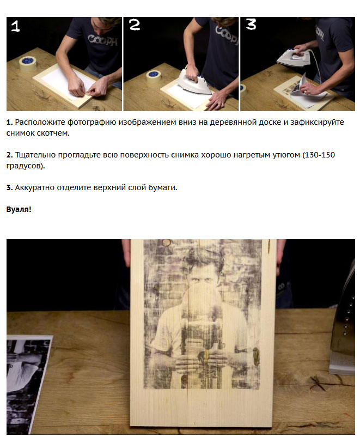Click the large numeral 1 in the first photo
pos(16,26)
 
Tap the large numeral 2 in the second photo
pos(135,25)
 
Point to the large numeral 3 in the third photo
pos(251,24)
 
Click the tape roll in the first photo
pos(28,63)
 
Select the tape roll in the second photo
pos(154,76)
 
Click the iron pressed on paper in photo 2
pos(193,81)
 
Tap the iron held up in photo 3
pos(294,58)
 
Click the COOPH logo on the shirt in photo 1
pos(102,40)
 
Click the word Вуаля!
pos(19,209)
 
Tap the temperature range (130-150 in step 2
pos(319,155)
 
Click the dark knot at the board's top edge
pos(166,242)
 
